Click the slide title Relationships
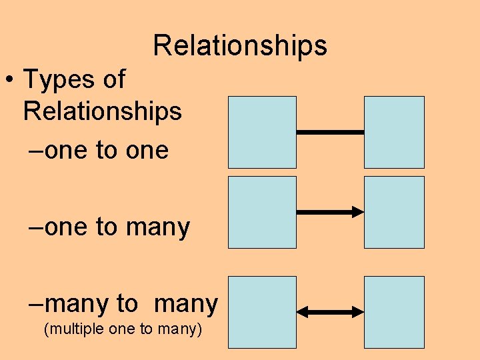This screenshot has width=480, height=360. coord(240,45)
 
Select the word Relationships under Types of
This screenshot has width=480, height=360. coord(102,111)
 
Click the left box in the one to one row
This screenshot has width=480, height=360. coord(262,132)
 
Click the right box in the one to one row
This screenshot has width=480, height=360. coord(394,132)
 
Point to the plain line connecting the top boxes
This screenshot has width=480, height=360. coord(330,132)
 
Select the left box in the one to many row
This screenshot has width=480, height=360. coord(262,212)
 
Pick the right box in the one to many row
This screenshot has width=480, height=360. coord(394,212)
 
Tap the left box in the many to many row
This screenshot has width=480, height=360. coord(262,312)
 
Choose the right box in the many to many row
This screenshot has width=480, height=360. coord(394,312)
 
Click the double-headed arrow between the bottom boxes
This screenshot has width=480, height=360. coord(330,312)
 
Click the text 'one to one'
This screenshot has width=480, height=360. coord(107,151)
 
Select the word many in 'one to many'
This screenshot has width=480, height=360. coord(157,228)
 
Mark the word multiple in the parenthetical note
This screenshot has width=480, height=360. coord(69,329)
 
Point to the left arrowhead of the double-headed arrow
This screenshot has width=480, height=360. coord(301,312)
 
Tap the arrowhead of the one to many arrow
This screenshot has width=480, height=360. coord(359,212)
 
